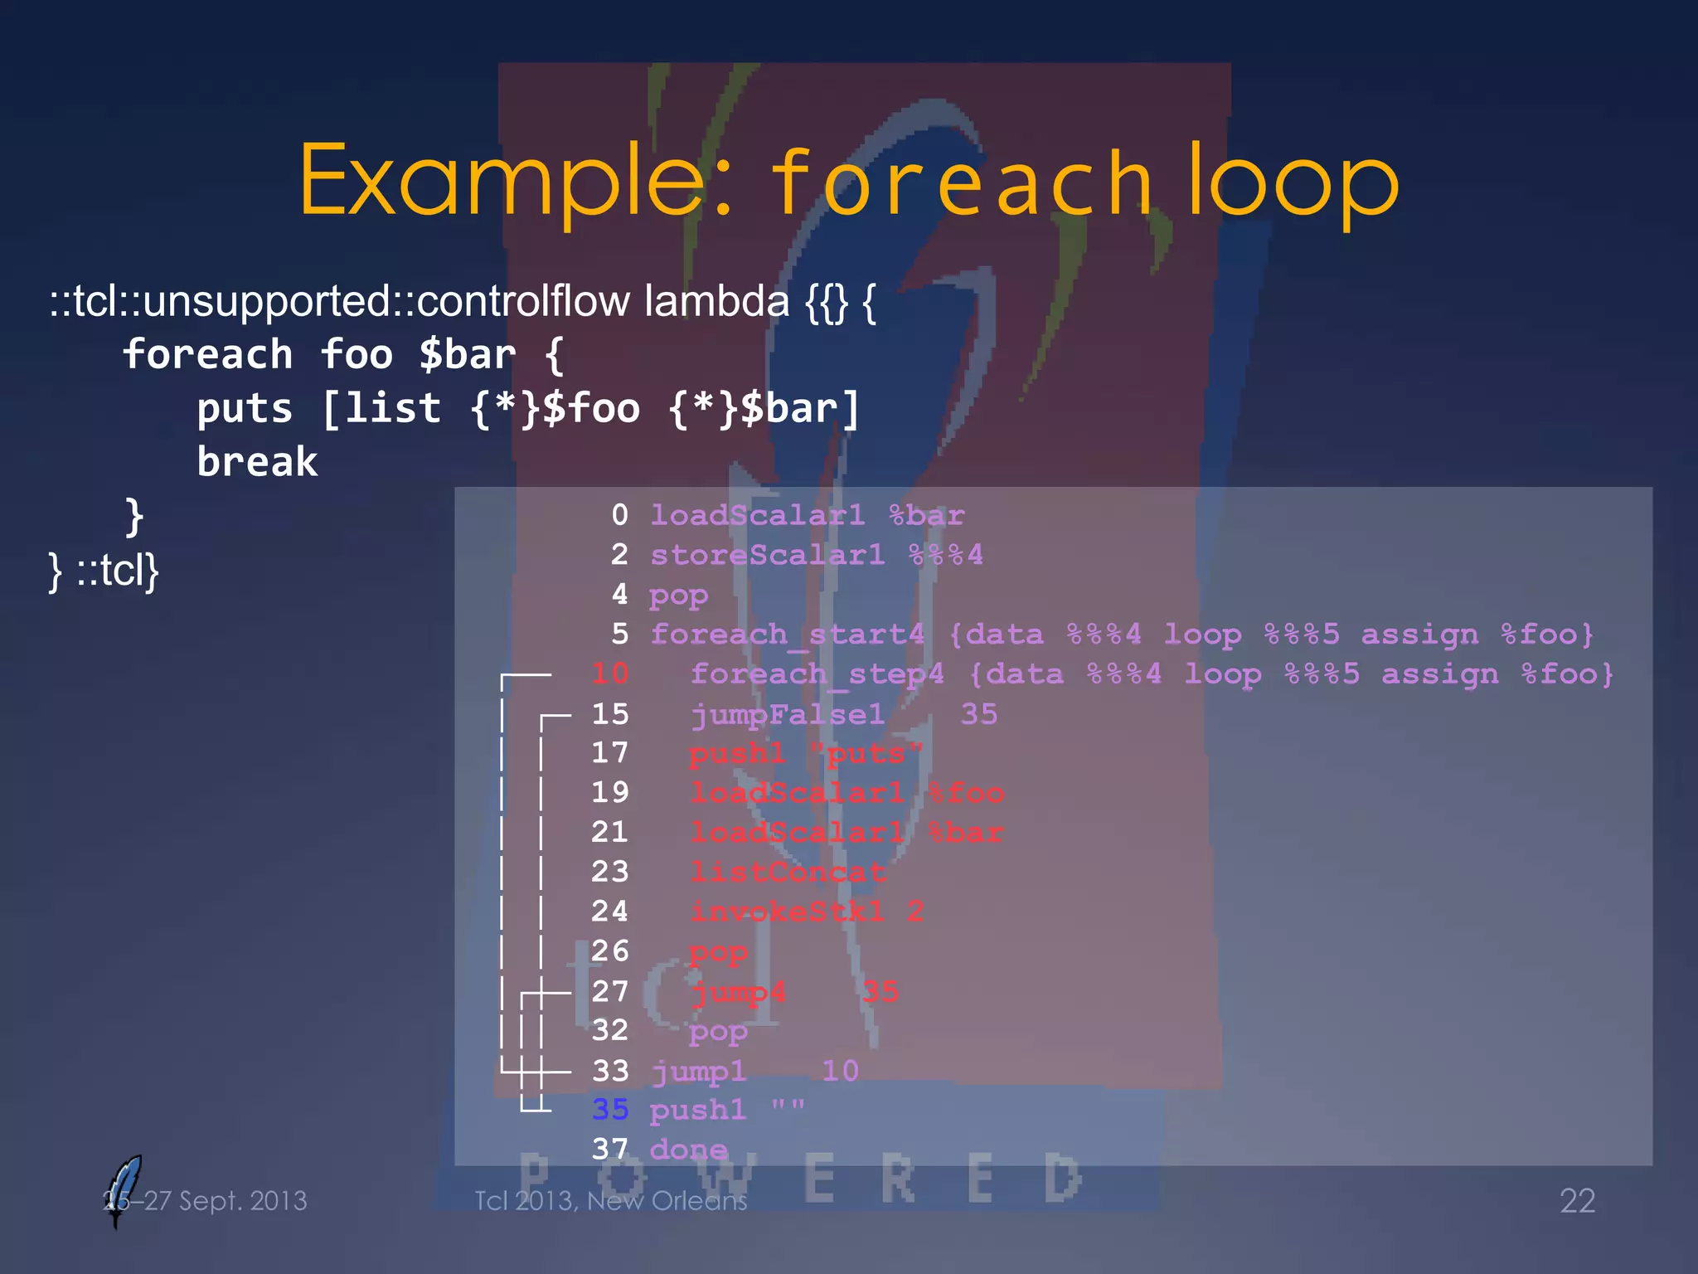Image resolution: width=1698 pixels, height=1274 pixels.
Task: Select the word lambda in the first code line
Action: coord(716,300)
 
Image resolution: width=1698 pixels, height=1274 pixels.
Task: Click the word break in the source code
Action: coord(257,462)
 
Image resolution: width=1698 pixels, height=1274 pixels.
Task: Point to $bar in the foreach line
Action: coord(468,355)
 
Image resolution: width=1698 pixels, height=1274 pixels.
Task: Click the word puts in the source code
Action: coord(245,409)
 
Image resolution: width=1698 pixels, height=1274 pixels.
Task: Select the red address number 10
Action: coord(610,673)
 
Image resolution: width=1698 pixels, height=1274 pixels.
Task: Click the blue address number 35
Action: coord(610,1110)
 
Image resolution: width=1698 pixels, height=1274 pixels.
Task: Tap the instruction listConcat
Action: coord(788,872)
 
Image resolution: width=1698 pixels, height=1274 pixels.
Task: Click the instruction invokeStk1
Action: coord(787,912)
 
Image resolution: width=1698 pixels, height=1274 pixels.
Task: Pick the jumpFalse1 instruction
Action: coord(788,714)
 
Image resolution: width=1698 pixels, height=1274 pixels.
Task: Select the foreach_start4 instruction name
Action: coord(787,635)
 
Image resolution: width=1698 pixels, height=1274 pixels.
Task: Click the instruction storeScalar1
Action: coord(767,555)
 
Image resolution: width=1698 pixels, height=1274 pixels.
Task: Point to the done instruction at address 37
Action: coord(688,1150)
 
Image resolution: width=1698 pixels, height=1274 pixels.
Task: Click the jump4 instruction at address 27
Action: coord(738,992)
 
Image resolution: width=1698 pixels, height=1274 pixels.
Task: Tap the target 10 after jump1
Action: coord(840,1071)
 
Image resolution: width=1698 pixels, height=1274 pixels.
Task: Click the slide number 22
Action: coord(1577,1201)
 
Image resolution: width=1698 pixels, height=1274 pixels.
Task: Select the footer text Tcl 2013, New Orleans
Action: coord(610,1201)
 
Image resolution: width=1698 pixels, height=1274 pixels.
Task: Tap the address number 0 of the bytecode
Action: coord(619,515)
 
